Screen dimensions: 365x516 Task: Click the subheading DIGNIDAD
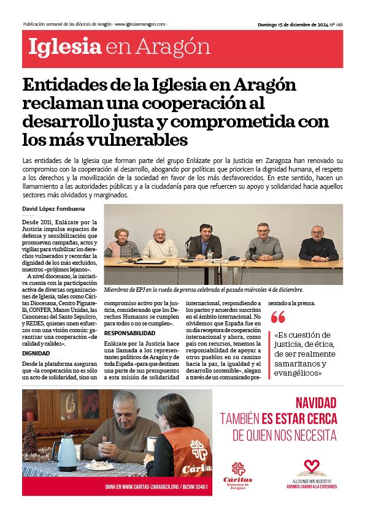click(x=36, y=353)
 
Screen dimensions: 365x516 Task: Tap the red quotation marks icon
click(x=279, y=317)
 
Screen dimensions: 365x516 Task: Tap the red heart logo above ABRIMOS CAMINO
click(x=312, y=466)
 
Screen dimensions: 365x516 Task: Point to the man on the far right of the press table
click(x=317, y=244)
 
